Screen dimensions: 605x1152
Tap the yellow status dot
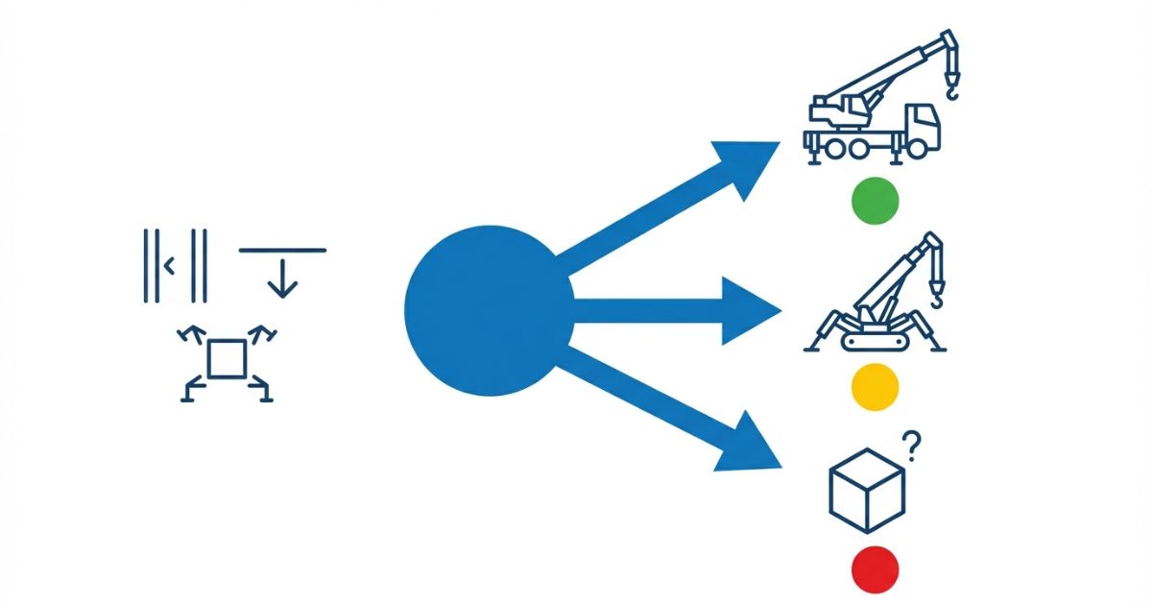875,386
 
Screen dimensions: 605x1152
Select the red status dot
875,569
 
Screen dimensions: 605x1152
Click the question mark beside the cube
913,445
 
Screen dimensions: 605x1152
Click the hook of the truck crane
951,88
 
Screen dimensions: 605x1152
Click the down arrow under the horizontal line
282,278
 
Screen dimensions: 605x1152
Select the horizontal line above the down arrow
282,251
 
